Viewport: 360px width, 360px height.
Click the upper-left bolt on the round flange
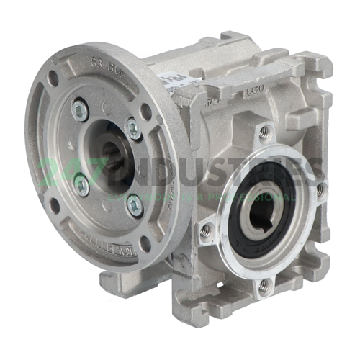pyautogui.click(x=81, y=110)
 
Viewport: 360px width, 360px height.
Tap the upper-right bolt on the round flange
pyautogui.click(x=134, y=130)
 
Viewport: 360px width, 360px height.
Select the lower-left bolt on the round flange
pyautogui.click(x=82, y=186)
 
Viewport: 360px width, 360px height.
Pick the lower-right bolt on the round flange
pyautogui.click(x=135, y=204)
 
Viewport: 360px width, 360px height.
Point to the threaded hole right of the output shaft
pyautogui.click(x=320, y=190)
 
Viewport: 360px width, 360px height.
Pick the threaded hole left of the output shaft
pyautogui.click(x=206, y=230)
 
